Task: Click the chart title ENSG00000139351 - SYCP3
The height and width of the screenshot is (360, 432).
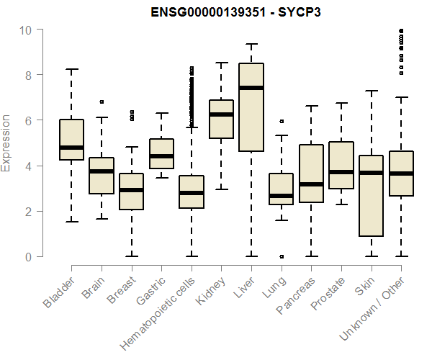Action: (x=235, y=13)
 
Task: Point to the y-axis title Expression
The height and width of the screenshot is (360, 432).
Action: (x=6, y=143)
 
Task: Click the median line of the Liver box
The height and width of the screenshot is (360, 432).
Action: (x=251, y=88)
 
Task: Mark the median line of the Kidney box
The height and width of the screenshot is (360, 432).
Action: (x=221, y=114)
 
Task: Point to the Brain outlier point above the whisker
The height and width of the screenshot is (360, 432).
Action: (x=102, y=102)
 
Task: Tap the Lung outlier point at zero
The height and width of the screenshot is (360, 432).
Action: (x=281, y=256)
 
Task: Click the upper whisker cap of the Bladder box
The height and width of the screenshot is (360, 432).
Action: (x=71, y=69)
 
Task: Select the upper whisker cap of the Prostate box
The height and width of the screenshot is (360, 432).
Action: (x=341, y=103)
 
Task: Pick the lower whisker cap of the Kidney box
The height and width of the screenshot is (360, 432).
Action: (x=221, y=189)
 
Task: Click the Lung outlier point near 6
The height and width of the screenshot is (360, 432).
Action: (x=281, y=122)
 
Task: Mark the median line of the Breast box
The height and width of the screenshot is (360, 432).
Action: (x=131, y=190)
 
